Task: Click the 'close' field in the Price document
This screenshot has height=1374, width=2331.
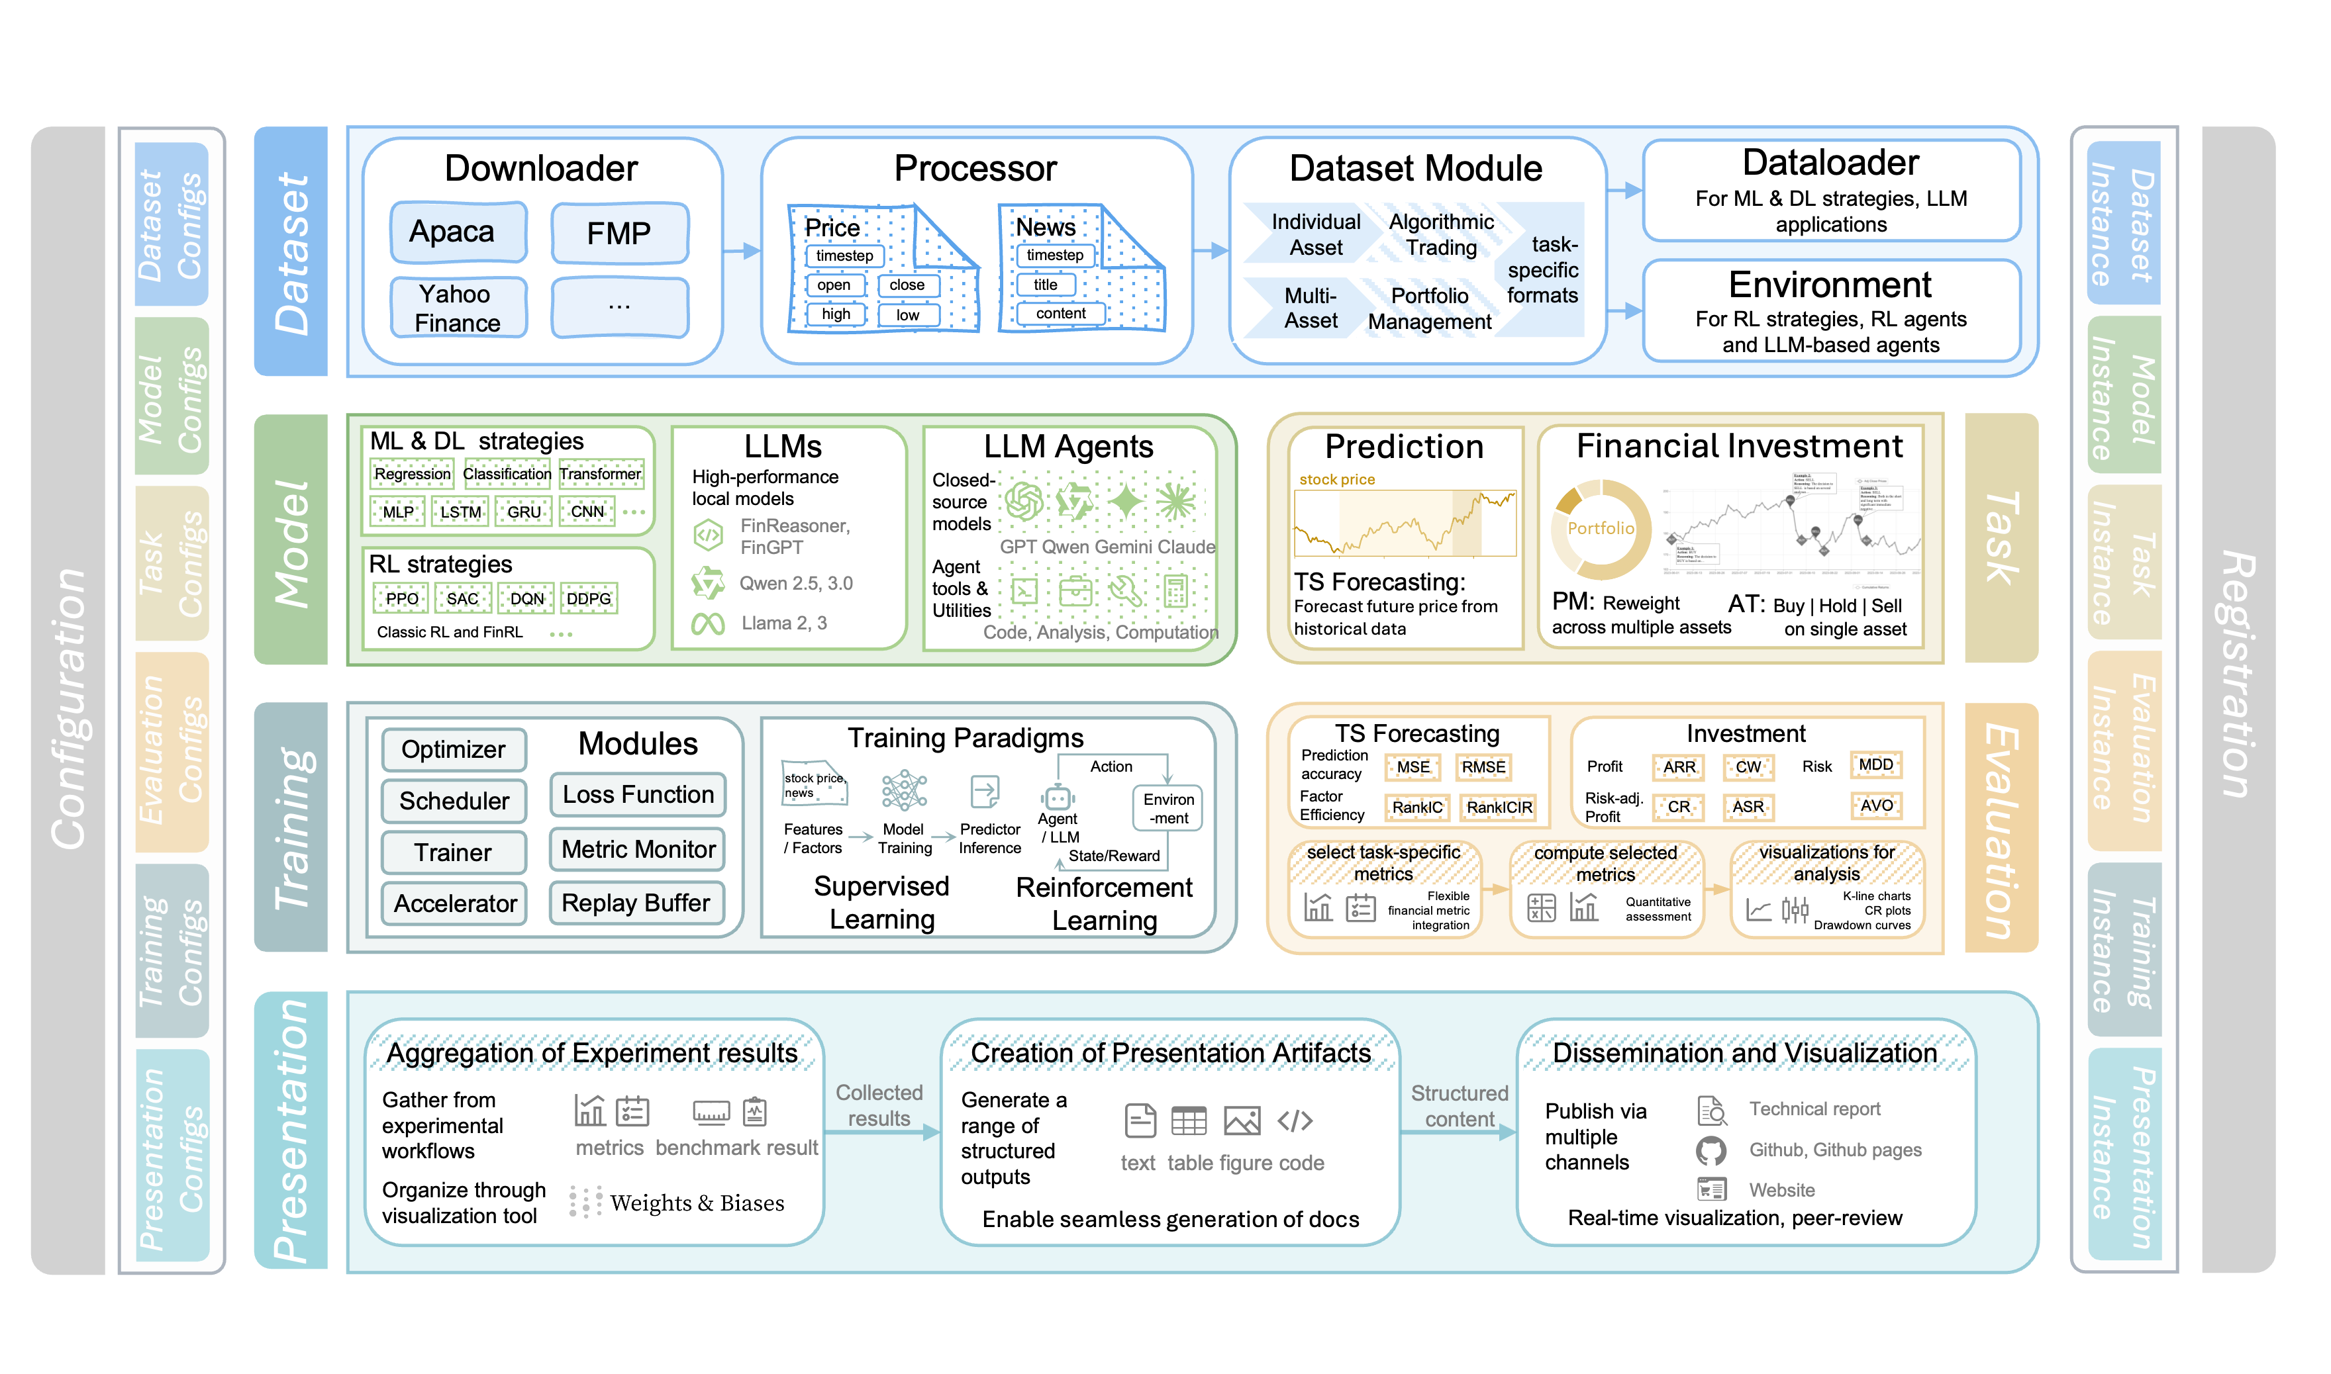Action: coord(907,285)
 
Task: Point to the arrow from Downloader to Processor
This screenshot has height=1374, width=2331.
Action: coord(741,250)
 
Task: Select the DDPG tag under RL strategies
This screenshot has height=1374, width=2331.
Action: coord(589,599)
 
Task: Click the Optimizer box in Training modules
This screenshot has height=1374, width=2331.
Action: coord(453,749)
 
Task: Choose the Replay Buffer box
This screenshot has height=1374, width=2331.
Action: coord(636,903)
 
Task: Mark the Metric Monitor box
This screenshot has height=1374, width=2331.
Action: coord(638,849)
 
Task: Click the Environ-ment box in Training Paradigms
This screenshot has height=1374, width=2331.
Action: coord(1167,808)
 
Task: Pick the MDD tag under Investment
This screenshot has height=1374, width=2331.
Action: coord(1875,765)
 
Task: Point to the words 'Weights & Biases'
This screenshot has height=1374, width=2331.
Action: coord(697,1203)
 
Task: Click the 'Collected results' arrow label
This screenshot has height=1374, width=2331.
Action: coord(879,1105)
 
